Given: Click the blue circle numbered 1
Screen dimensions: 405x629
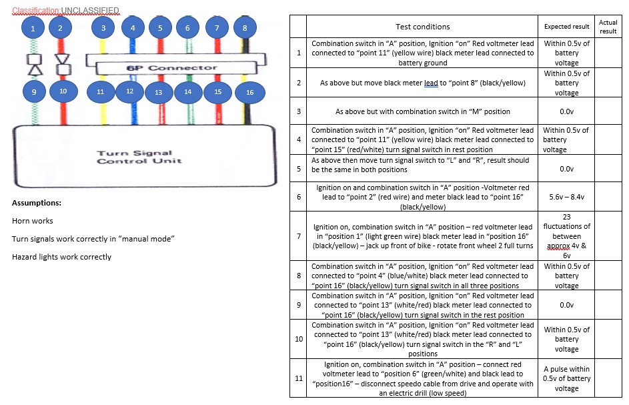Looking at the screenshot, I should coord(33,27).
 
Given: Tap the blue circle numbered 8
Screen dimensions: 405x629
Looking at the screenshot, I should coord(245,27).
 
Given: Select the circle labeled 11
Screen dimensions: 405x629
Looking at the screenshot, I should coord(101,91).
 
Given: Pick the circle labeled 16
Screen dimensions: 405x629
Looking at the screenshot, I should coord(249,92).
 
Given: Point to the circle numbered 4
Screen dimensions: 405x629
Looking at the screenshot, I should coord(133,27).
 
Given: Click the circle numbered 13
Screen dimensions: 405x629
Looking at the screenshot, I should coord(159,92).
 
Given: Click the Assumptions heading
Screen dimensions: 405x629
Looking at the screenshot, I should coord(37,203).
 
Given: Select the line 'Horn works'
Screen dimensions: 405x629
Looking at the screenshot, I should coord(32,221).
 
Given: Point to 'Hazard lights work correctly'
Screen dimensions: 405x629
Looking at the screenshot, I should coord(61,257).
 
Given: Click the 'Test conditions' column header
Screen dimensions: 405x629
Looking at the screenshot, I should coord(422,27).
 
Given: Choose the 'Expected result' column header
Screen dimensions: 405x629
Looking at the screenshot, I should coord(566,27).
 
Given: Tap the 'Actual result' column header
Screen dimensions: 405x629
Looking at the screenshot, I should coord(608,27).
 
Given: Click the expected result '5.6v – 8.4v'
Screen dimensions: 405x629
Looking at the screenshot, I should coord(566,198).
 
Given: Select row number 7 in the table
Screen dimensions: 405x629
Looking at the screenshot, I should coord(298,236).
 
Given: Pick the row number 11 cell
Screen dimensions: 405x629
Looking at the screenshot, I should coord(298,378).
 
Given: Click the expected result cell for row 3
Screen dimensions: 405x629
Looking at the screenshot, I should coord(566,112).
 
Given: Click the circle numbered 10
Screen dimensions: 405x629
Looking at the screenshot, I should coord(63,91).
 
